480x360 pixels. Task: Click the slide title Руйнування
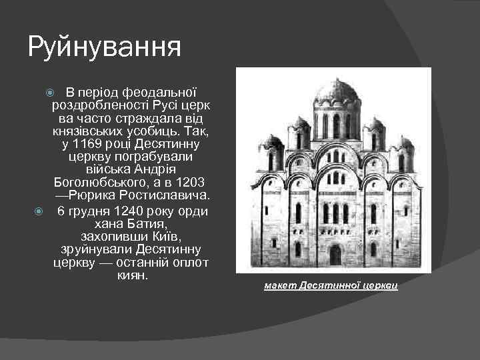[104, 48]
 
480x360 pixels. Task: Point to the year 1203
[189, 182]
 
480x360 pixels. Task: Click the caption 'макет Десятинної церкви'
[331, 286]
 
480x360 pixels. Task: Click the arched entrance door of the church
[335, 254]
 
